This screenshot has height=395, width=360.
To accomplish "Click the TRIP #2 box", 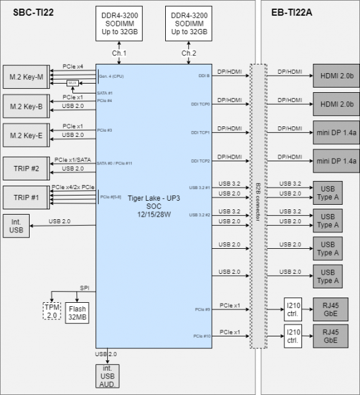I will [x=26, y=167].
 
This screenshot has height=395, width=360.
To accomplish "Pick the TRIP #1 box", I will [x=26, y=196].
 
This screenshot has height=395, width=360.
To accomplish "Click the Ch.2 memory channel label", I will [x=189, y=53].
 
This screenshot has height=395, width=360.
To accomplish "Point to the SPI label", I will [x=84, y=288].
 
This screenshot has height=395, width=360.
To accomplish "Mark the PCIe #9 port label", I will [x=202, y=308].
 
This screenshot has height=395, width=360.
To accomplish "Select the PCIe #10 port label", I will [x=201, y=336].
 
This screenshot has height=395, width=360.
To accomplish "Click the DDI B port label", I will [x=203, y=76].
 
